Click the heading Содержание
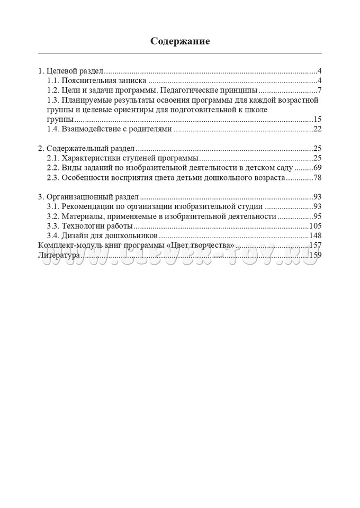coord(180,41)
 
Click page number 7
coord(320,90)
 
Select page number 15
coord(318,119)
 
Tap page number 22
coord(318,129)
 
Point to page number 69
coord(318,168)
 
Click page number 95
coord(318,216)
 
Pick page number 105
coord(316,226)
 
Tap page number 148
coord(316,235)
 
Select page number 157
coord(316,246)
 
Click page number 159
coord(316,255)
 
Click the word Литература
coord(59,255)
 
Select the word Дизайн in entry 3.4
coord(75,235)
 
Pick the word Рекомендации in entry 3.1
coord(89,206)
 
